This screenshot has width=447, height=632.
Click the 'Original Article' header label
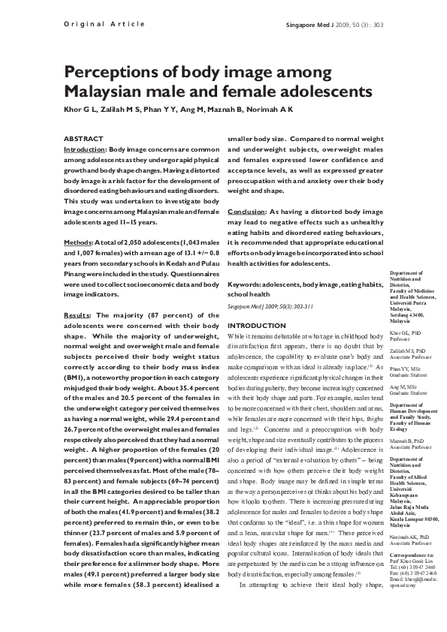pyautogui.click(x=100, y=24)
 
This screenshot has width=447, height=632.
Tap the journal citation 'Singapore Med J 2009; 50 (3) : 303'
pyautogui.click(x=335, y=24)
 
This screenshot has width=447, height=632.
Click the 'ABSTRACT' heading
pyautogui.click(x=83, y=140)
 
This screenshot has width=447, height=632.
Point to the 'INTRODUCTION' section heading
pyautogui.click(x=257, y=325)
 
